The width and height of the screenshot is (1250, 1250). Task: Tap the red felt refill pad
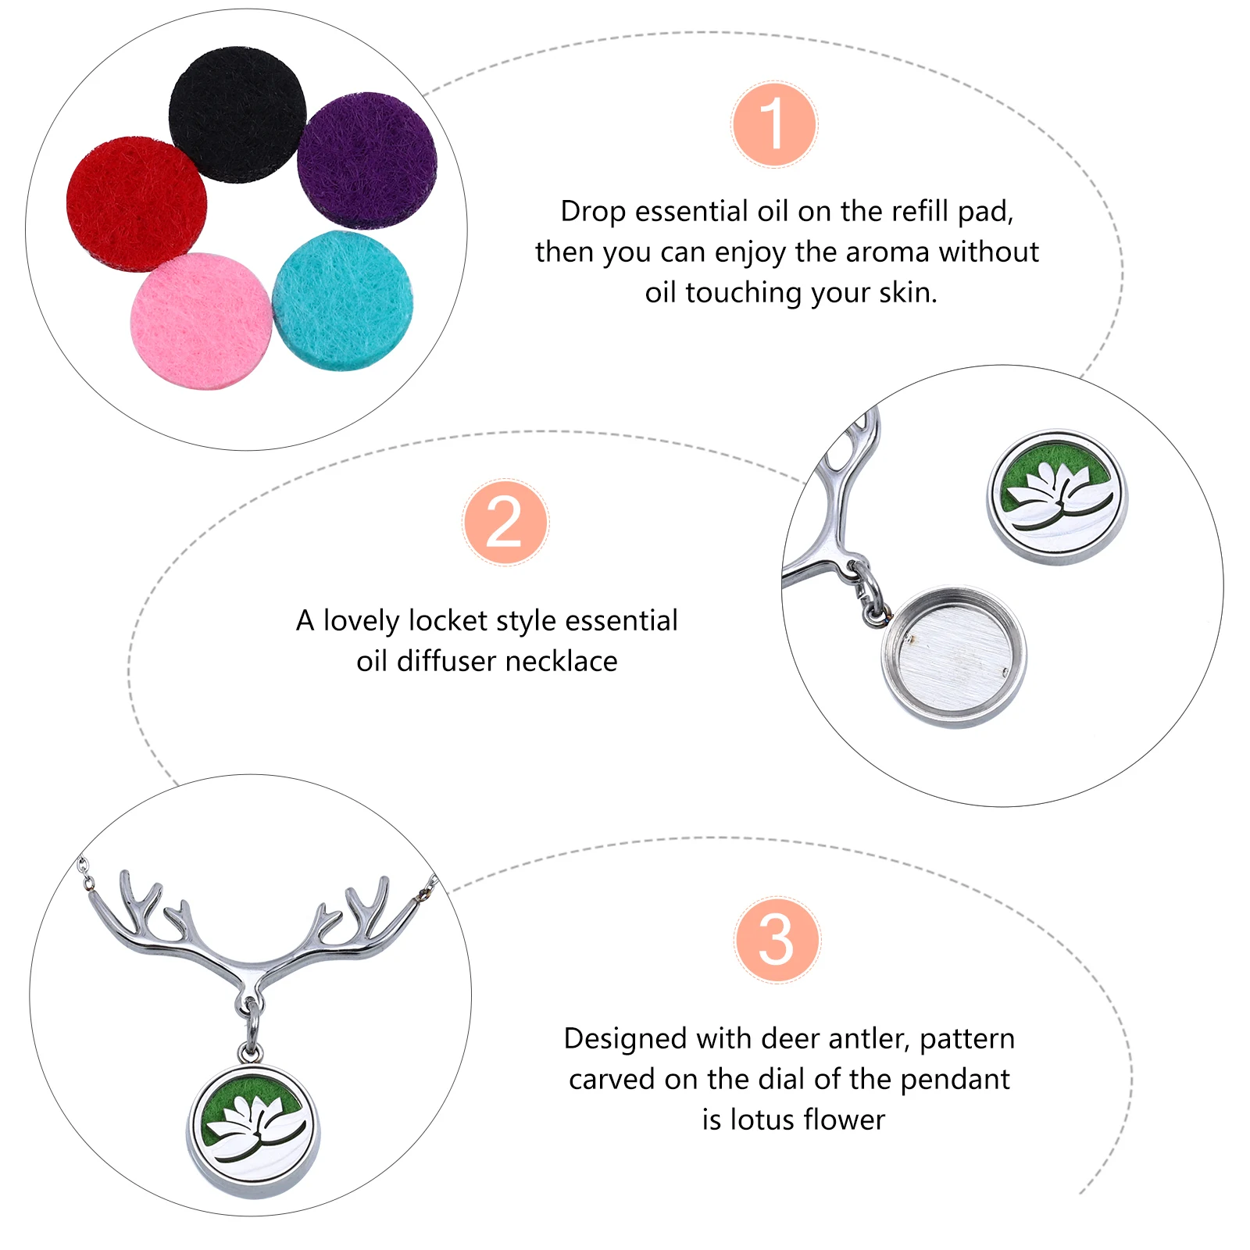click(x=137, y=204)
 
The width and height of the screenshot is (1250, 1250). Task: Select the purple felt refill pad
click(x=367, y=160)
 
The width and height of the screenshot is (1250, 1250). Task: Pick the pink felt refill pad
click(x=202, y=320)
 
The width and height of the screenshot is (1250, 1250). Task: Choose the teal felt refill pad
click(x=342, y=301)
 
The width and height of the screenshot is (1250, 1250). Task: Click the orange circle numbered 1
click(x=774, y=125)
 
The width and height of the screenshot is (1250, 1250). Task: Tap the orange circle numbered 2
click(x=505, y=522)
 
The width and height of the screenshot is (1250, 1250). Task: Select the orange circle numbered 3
click(x=777, y=939)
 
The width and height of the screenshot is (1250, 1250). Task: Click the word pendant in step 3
click(x=955, y=1080)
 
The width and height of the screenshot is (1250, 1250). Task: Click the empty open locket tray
click(x=954, y=656)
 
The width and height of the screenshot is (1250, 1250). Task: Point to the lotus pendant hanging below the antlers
click(x=253, y=1129)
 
